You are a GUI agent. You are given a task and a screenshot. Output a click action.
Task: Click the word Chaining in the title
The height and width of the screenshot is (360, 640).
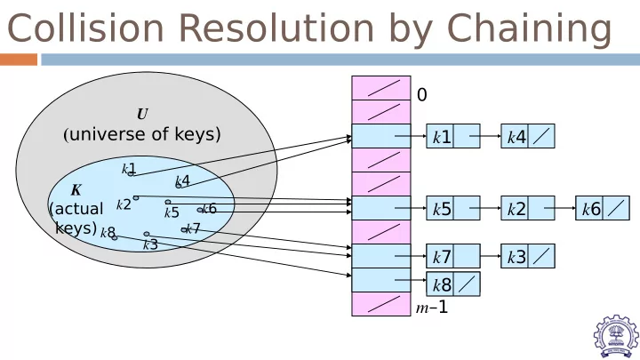530,29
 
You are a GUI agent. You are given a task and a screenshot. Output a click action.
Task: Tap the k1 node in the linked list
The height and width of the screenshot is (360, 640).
453,136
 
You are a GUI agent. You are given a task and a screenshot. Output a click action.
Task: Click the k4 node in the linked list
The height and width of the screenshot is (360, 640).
528,136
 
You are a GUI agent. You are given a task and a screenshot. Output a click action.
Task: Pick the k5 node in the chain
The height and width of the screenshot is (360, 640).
453,208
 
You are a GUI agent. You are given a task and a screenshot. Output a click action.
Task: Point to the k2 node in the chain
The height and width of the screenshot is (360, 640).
528,208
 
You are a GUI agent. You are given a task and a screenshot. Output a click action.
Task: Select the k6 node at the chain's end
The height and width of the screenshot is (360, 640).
603,208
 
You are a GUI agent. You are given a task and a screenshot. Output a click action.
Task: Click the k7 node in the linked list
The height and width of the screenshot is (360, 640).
453,256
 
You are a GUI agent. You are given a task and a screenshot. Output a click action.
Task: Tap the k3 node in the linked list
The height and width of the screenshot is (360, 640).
528,256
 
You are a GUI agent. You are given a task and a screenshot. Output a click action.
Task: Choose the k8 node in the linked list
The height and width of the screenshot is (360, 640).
453,284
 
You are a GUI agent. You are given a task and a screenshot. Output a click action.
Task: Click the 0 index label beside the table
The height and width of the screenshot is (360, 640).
422,95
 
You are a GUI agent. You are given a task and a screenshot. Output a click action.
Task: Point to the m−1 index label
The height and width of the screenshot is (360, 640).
432,307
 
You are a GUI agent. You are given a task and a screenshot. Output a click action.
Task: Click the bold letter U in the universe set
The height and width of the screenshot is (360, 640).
142,114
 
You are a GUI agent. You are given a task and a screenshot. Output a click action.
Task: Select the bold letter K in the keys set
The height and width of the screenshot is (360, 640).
76,190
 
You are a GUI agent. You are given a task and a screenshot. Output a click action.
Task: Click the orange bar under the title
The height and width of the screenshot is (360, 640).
19,60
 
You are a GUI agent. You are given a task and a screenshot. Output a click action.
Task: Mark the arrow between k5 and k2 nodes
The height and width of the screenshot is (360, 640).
485,208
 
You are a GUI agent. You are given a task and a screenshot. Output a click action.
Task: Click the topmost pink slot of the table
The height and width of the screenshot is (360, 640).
381,88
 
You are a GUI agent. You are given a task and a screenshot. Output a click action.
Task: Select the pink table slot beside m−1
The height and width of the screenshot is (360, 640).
381,304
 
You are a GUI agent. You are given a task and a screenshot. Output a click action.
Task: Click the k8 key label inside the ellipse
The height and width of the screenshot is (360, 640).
108,232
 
